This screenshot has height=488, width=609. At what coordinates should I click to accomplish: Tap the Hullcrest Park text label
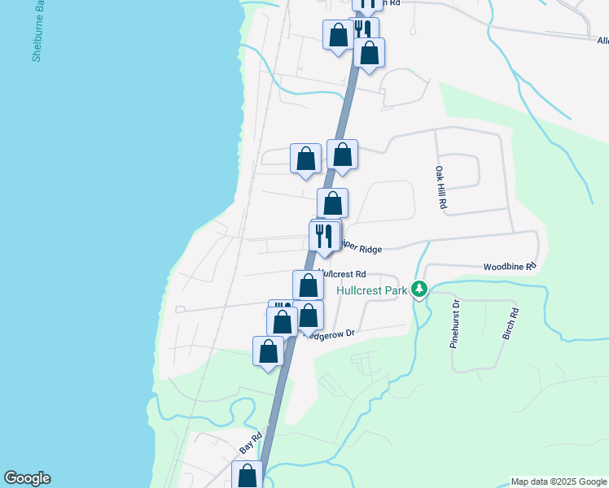pyautogui.click(x=365, y=289)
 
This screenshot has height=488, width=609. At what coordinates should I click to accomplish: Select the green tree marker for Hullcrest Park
pyautogui.click(x=419, y=290)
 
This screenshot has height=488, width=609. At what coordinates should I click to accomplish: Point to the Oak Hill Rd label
pyautogui.click(x=440, y=189)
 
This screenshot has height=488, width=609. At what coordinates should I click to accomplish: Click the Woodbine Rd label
pyautogui.click(x=510, y=266)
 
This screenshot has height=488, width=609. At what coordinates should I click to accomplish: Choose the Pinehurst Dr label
pyautogui.click(x=456, y=324)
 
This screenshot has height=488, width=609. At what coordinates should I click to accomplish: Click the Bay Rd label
pyautogui.click(x=251, y=444)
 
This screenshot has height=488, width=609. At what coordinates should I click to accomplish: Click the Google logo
pyautogui.click(x=27, y=478)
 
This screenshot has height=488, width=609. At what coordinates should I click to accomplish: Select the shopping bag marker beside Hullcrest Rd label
pyautogui.click(x=308, y=285)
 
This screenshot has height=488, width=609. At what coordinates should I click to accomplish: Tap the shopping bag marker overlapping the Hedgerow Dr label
pyautogui.click(x=308, y=316)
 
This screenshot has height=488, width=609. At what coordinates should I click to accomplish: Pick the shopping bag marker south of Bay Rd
pyautogui.click(x=247, y=475)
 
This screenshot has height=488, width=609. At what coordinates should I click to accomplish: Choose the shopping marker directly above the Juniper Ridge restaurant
pyautogui.click(x=332, y=203)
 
